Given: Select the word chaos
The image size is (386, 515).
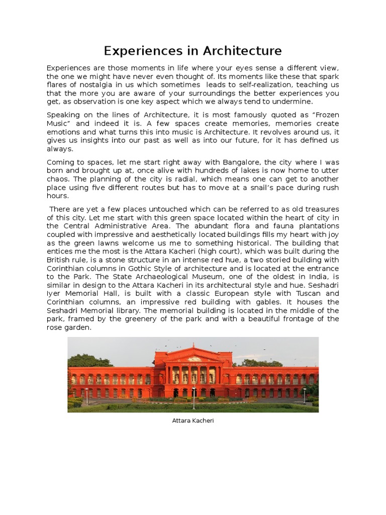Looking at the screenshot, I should point(57,179).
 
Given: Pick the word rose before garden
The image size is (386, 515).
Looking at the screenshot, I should point(55,327).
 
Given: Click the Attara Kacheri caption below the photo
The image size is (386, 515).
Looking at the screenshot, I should point(193,420).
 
